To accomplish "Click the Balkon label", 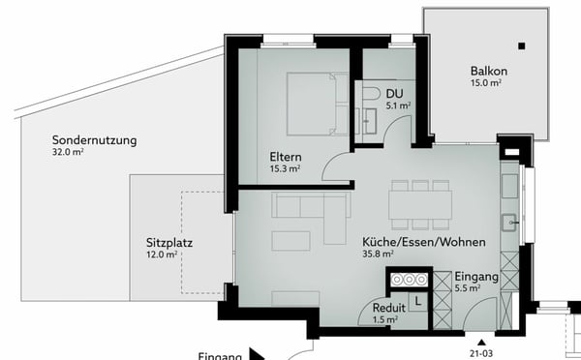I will point(489,72).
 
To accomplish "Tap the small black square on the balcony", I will point(522,45).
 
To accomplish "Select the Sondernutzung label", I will point(94,139).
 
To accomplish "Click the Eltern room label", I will point(286,157).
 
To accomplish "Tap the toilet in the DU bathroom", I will point(372,91).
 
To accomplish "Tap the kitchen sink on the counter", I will point(509,223).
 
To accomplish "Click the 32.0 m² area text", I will point(69,153).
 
